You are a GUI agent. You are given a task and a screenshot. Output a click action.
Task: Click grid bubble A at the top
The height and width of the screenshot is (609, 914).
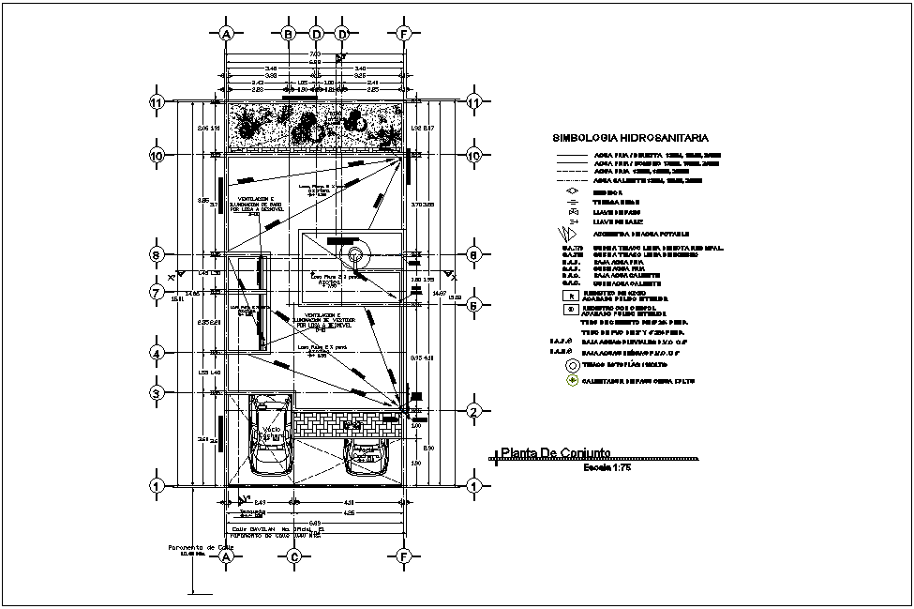coord(226,34)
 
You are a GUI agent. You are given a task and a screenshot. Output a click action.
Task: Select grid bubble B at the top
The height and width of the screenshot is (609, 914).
coord(290,34)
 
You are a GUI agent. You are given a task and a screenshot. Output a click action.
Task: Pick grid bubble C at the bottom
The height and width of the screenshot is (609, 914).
coord(293,556)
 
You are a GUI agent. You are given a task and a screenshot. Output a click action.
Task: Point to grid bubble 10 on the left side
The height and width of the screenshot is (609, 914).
coord(158,156)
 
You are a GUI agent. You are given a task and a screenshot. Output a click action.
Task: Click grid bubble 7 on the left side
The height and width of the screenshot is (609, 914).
coord(158,293)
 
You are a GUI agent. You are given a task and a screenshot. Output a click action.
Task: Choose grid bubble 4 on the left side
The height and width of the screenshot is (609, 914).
coord(158,354)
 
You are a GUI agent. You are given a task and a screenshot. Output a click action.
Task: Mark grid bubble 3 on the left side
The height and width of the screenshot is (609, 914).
coord(158,393)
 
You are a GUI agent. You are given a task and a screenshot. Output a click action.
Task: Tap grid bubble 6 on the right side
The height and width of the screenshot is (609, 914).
coord(474,304)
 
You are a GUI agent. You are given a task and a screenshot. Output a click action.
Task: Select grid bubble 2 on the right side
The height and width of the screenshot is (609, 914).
coord(474,411)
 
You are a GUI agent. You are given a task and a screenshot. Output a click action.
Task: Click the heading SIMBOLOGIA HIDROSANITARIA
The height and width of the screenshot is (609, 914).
coord(629,137)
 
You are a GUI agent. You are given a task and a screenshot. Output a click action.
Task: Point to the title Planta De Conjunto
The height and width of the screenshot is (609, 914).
coord(556,453)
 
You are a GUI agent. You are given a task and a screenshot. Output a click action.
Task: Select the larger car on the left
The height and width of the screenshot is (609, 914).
coord(272,435)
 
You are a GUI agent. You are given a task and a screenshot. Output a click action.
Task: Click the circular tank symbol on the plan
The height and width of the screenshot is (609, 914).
coord(356,254)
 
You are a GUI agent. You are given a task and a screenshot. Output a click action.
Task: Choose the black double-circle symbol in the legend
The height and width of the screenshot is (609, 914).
coord(571,364)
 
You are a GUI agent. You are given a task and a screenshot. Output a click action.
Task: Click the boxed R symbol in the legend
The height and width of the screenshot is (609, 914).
coord(571,294)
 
